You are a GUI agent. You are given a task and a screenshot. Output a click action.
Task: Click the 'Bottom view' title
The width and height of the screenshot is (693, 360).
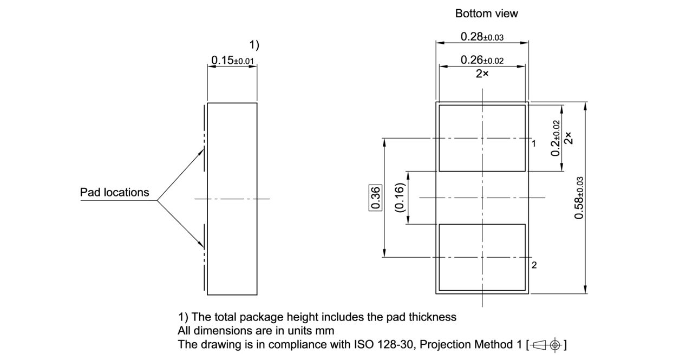(x=486, y=14)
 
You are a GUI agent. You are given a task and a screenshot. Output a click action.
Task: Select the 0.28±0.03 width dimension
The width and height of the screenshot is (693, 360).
(x=482, y=37)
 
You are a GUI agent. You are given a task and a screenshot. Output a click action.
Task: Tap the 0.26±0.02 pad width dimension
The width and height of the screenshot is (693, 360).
(x=482, y=61)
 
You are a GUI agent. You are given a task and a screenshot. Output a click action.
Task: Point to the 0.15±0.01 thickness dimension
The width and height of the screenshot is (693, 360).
(x=232, y=60)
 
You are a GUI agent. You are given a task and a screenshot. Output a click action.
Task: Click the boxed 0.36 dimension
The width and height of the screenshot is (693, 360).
(x=376, y=198)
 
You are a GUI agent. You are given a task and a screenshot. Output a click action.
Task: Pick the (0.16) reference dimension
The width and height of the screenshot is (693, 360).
(x=400, y=198)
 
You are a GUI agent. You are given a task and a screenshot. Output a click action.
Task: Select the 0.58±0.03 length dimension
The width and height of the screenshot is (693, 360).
(x=579, y=198)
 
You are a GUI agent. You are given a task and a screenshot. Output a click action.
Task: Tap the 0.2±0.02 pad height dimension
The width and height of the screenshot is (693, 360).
(x=556, y=138)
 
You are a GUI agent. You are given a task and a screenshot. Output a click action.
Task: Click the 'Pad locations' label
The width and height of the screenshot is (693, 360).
(x=114, y=192)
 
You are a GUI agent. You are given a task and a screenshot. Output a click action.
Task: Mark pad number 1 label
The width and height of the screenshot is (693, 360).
(x=533, y=143)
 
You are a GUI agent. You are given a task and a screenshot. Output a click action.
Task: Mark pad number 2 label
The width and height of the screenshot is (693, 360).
(x=534, y=265)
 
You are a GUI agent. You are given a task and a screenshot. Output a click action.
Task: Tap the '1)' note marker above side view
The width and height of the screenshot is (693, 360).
(x=254, y=45)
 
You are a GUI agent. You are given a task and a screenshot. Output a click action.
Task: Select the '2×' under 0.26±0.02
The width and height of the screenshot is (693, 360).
(x=482, y=74)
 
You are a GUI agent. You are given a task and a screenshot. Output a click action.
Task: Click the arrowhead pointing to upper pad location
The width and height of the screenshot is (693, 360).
(x=202, y=149)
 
